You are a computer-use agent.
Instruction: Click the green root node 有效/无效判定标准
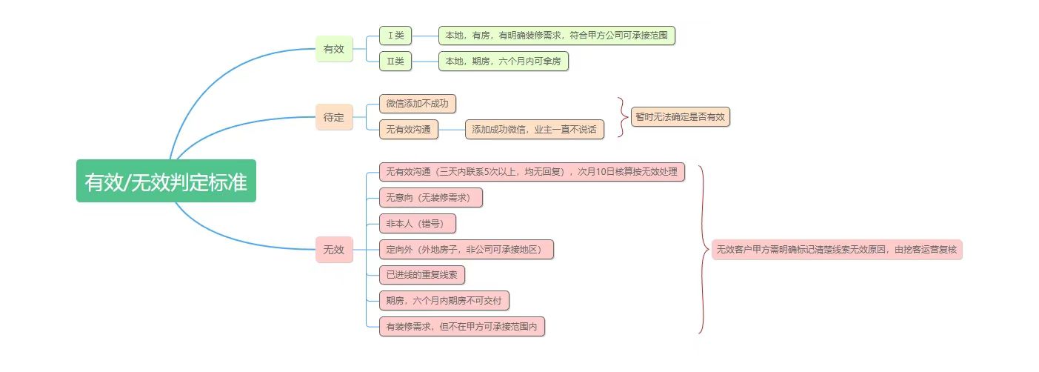(166, 181)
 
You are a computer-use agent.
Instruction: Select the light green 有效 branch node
(334, 49)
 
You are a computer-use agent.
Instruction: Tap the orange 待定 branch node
(334, 117)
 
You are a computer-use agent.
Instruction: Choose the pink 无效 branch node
(334, 250)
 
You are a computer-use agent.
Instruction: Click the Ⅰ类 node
(395, 36)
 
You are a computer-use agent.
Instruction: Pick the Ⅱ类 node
(395, 62)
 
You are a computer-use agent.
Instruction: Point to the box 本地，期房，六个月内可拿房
(504, 62)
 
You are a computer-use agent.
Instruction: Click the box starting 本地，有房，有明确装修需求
(557, 36)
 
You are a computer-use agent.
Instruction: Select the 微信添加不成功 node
(418, 104)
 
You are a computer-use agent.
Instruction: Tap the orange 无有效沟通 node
(409, 130)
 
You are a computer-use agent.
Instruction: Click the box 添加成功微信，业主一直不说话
(535, 130)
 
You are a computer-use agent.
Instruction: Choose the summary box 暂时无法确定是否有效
(681, 116)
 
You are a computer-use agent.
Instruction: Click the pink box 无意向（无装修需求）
(431, 197)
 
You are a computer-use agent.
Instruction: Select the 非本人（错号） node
(418, 223)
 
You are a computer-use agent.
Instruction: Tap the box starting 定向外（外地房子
(467, 250)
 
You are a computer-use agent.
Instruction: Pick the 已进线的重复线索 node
(422, 274)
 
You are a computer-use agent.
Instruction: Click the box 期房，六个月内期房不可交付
(444, 300)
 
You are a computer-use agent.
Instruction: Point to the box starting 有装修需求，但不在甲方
(462, 327)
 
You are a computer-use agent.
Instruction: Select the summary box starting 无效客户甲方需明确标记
(837, 250)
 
